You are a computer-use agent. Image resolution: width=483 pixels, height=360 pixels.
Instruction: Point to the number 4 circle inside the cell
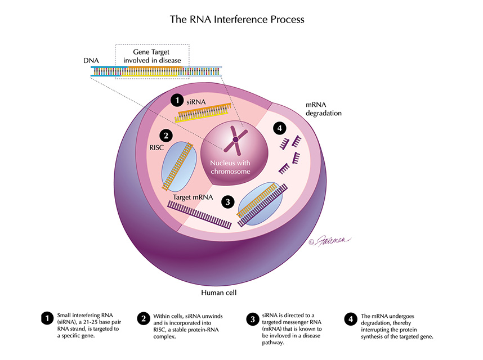click(280, 128)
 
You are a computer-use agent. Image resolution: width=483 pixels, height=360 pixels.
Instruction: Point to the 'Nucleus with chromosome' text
click(231, 167)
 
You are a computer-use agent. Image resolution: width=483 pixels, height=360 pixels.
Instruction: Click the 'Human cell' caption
click(220, 293)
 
